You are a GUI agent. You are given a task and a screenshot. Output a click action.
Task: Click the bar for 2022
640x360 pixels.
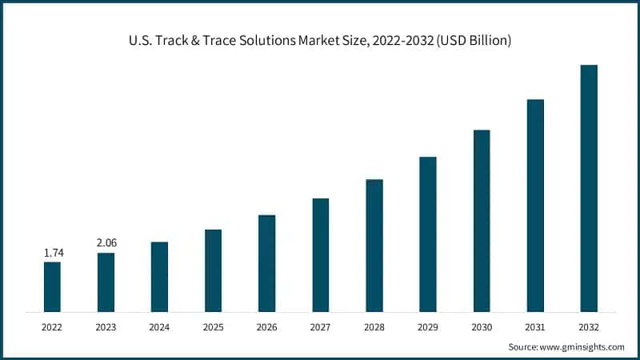point(52,286)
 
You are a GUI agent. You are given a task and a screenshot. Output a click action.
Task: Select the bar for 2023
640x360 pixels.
point(106,282)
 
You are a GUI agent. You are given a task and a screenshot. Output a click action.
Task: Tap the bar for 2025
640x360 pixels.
point(213,270)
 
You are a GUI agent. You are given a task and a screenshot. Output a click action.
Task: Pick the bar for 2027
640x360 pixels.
point(320,254)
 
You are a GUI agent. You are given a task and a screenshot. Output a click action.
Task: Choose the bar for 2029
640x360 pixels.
point(428,234)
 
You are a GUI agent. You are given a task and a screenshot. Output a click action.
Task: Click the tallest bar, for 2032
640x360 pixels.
point(589,188)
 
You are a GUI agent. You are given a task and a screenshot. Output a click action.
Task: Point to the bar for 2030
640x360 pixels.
point(482,220)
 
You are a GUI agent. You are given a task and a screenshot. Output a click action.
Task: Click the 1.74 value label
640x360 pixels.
point(52,252)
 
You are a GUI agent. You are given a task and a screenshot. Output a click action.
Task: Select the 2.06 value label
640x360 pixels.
point(106,242)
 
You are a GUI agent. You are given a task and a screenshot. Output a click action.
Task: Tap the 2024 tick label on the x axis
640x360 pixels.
point(159,326)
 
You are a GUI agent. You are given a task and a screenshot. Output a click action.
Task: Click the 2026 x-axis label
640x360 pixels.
point(266,326)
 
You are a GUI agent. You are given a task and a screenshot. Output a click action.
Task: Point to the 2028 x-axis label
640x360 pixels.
point(374,326)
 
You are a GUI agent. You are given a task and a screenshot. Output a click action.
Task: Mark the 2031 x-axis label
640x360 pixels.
point(535,326)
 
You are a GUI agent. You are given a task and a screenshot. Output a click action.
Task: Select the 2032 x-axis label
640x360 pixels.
point(589,326)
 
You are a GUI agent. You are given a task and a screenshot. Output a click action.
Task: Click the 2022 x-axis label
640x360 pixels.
point(52,326)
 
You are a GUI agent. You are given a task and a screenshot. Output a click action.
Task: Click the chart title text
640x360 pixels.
point(320,40)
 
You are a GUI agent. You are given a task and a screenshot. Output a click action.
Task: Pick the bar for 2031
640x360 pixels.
point(535,205)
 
